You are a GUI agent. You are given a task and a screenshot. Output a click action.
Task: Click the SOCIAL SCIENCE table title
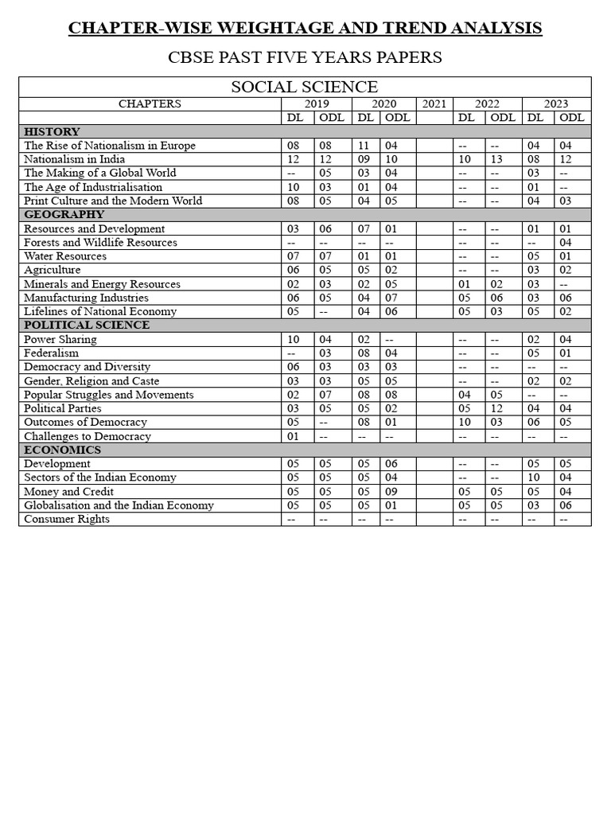click(305, 87)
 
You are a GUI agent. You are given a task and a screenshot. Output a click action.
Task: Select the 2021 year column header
click(434, 103)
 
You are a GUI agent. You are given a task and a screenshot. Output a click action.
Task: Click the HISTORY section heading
click(52, 131)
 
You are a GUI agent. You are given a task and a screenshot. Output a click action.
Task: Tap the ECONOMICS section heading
click(62, 450)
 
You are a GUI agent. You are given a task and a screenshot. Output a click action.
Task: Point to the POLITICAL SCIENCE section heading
click(87, 325)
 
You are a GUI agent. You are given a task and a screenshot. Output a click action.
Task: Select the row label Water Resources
click(65, 256)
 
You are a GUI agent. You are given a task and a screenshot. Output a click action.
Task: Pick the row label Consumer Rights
click(67, 519)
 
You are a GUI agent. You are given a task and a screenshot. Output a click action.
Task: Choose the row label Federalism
click(51, 353)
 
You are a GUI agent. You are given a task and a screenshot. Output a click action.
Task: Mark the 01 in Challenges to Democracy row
click(294, 436)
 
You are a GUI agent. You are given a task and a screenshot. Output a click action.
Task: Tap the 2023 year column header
click(556, 103)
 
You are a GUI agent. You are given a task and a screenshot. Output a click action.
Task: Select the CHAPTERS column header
click(150, 103)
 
